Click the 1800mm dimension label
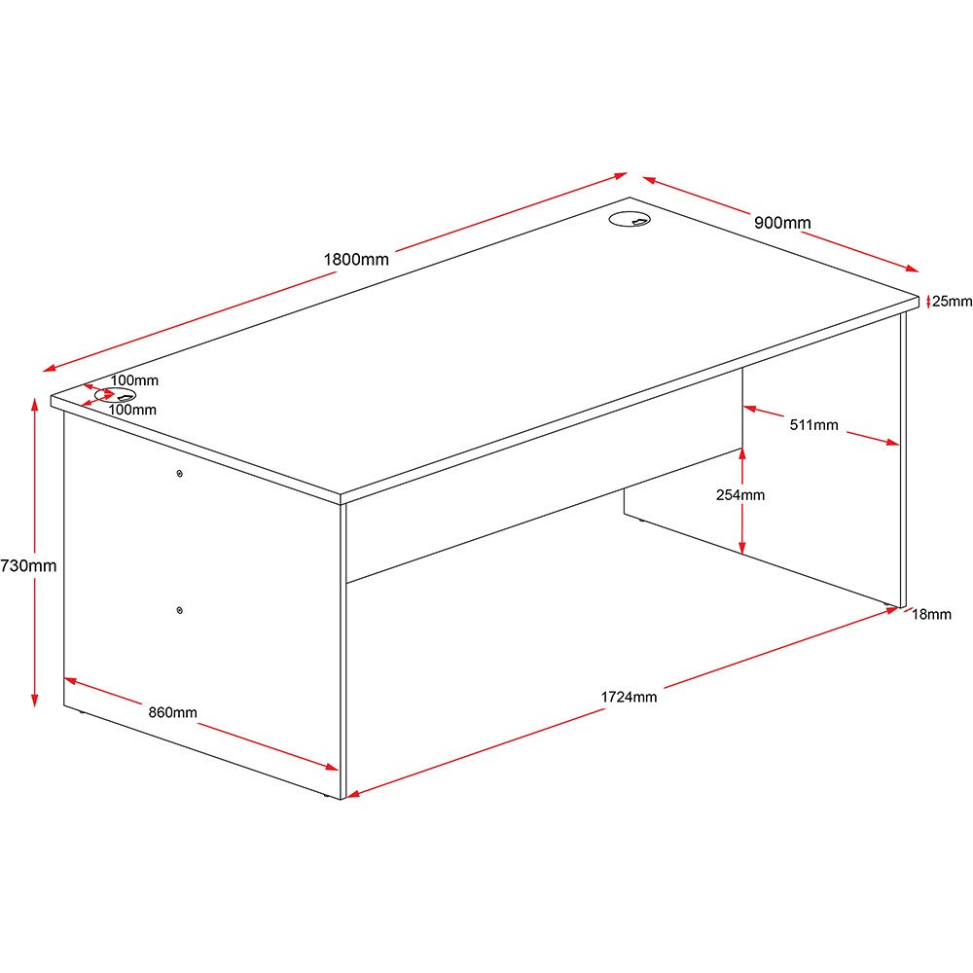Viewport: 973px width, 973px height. click(x=356, y=260)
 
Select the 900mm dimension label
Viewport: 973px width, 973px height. click(x=782, y=222)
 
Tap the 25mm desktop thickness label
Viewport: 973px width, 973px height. click(x=952, y=301)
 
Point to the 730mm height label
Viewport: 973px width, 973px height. click(x=28, y=565)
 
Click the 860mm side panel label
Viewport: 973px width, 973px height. click(x=172, y=712)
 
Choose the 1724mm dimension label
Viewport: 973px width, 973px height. click(x=629, y=697)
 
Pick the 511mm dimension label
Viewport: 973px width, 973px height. click(x=813, y=425)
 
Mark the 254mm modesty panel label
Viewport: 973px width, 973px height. click(x=740, y=494)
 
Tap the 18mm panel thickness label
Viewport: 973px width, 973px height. click(x=931, y=614)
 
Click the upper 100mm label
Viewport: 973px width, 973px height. click(x=134, y=380)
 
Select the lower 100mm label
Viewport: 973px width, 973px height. click(x=132, y=410)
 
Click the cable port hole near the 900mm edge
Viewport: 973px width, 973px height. click(x=630, y=219)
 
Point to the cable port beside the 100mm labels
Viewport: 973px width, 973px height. click(x=116, y=395)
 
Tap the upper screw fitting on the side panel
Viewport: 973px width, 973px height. click(x=180, y=474)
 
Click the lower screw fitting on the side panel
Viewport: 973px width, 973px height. click(x=180, y=611)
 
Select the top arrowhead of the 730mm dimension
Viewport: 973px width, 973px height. click(x=35, y=405)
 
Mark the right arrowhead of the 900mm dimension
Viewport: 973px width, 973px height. click(x=912, y=269)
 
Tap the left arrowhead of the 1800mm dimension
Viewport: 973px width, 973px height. click(x=50, y=368)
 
